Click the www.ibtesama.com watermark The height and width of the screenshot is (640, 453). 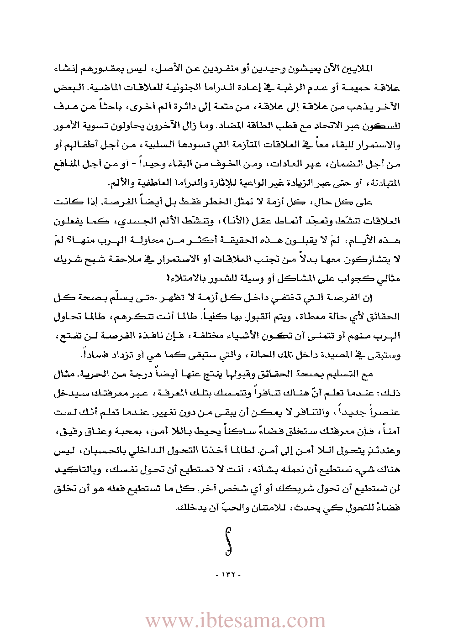point(235,621)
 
